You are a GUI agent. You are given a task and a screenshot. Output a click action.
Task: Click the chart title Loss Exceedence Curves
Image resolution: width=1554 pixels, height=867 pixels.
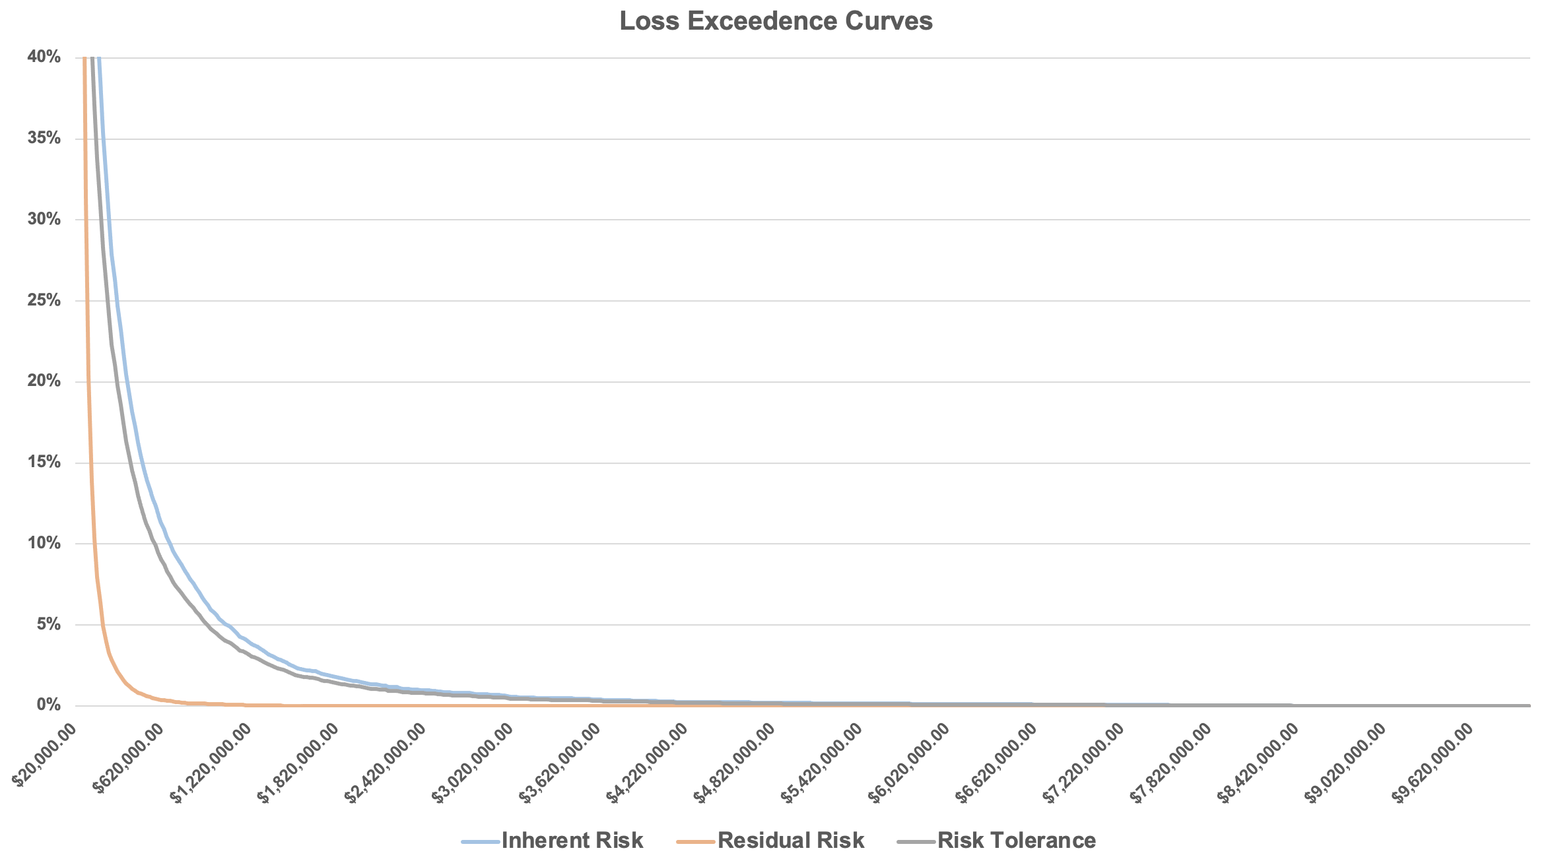tap(776, 21)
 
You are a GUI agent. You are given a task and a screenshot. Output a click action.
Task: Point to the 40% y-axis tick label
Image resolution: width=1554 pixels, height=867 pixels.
tap(44, 57)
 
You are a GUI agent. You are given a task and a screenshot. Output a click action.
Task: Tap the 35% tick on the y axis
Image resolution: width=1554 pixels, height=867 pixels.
tap(44, 139)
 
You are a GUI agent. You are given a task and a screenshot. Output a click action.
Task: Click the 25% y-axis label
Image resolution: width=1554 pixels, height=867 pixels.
tap(44, 301)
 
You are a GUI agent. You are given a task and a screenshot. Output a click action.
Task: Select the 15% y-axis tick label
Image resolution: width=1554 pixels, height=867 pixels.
tap(44, 463)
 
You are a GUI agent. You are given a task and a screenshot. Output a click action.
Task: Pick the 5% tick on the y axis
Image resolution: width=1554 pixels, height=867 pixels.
tap(48, 624)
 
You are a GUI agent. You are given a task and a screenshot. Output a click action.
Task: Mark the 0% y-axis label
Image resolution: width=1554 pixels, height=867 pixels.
tap(48, 705)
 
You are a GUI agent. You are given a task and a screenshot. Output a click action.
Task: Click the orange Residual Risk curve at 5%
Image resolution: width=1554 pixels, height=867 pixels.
tap(102, 624)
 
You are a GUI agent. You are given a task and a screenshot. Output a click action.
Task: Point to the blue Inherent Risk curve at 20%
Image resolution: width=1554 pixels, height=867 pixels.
tap(126, 381)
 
